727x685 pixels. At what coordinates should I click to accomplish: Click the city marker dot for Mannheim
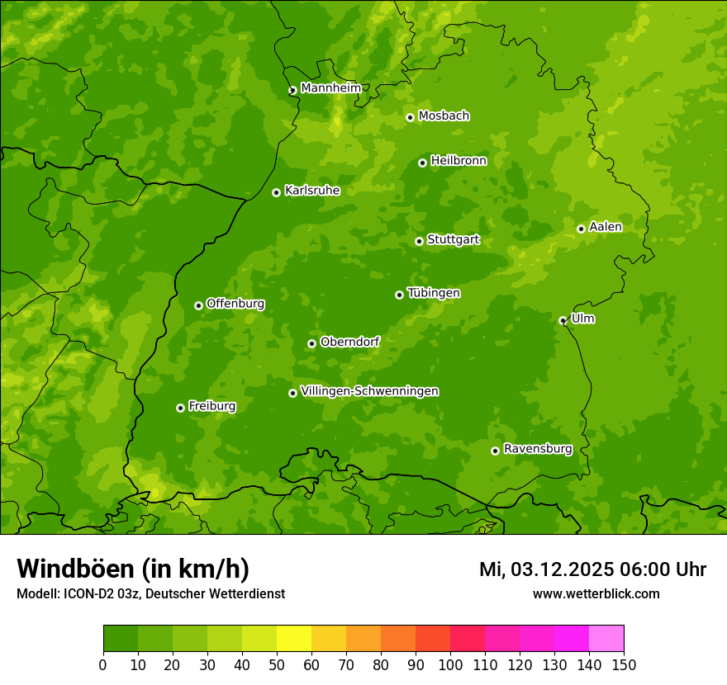pyautogui.click(x=292, y=91)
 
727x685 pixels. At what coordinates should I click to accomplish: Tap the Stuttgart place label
pyautogui.click(x=453, y=240)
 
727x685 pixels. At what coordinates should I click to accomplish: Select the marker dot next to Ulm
pyautogui.click(x=563, y=320)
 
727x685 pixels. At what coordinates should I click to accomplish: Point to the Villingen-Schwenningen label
pyautogui.click(x=369, y=391)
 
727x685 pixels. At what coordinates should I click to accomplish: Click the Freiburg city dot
pyautogui.click(x=180, y=408)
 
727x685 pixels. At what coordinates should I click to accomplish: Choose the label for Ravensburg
pyautogui.click(x=538, y=449)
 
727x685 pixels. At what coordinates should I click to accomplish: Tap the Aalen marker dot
pyautogui.click(x=581, y=229)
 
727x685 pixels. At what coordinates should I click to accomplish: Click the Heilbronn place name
pyautogui.click(x=459, y=161)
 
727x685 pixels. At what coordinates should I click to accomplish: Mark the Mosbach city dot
pyautogui.click(x=410, y=117)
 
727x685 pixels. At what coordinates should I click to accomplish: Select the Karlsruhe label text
pyautogui.click(x=312, y=191)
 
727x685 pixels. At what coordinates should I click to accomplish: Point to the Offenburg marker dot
pyautogui.click(x=198, y=305)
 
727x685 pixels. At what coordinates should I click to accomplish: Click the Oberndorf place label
pyautogui.click(x=349, y=342)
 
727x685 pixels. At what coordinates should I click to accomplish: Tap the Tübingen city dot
pyautogui.click(x=399, y=295)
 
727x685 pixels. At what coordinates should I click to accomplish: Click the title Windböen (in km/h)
pyautogui.click(x=132, y=569)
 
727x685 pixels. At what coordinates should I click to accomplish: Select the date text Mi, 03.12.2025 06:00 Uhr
pyautogui.click(x=592, y=569)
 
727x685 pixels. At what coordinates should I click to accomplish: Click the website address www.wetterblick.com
pyautogui.click(x=596, y=593)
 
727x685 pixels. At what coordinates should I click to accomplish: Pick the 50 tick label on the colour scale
pyautogui.click(x=277, y=664)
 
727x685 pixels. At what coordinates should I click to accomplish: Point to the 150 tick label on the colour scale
pyautogui.click(x=624, y=664)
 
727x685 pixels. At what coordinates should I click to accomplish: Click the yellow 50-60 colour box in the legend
pyautogui.click(x=294, y=639)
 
